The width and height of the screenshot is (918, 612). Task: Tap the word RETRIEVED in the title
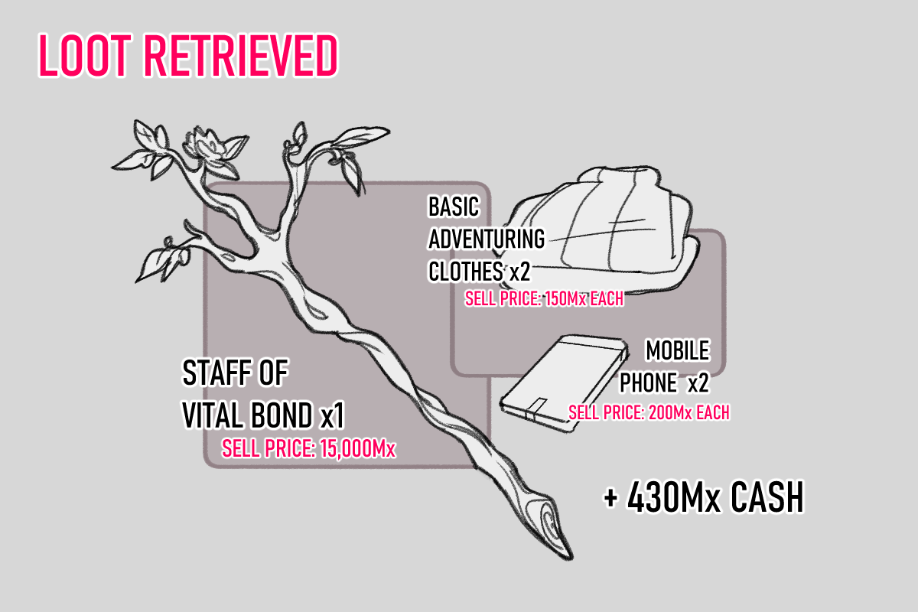pyautogui.click(x=239, y=56)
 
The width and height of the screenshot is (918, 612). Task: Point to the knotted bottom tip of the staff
pyautogui.click(x=552, y=528)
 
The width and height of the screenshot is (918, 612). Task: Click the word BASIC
pyautogui.click(x=453, y=207)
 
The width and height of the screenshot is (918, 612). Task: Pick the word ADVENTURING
pyautogui.click(x=486, y=239)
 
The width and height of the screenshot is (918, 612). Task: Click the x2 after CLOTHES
pyautogui.click(x=516, y=272)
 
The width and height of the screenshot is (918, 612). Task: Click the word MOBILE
pyautogui.click(x=678, y=351)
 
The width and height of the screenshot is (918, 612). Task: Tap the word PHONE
pyautogui.click(x=648, y=382)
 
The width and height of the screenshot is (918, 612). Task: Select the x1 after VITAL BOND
pyautogui.click(x=331, y=415)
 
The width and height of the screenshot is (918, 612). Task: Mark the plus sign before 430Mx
pyautogui.click(x=610, y=499)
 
